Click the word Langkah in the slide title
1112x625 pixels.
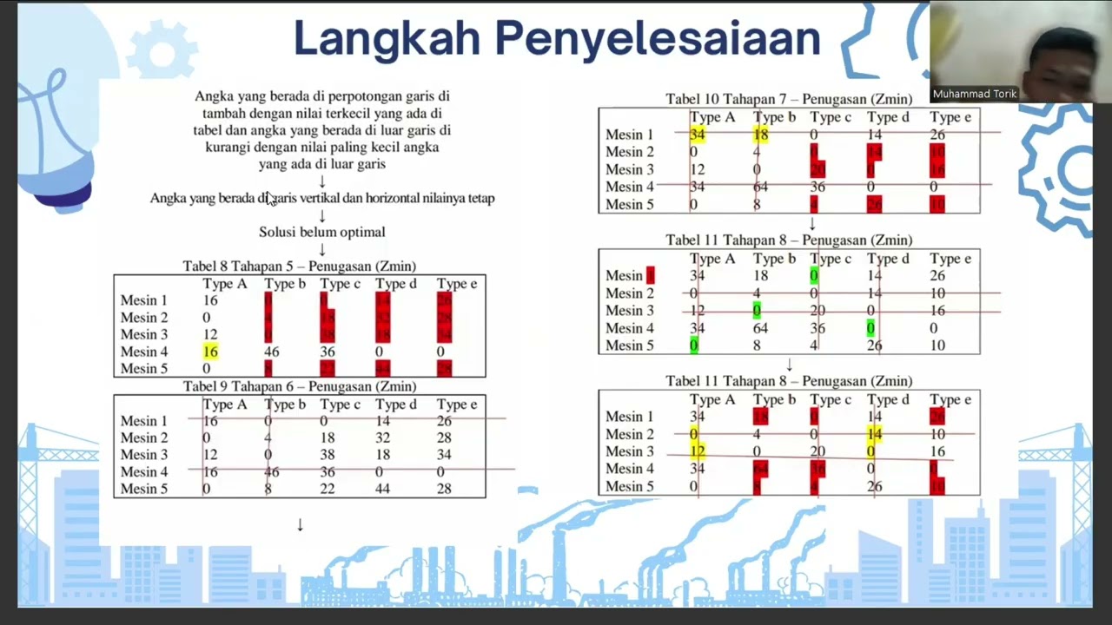point(387,39)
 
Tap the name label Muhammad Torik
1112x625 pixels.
point(974,94)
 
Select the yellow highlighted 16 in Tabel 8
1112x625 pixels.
point(210,352)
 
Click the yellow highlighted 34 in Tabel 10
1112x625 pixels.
point(697,135)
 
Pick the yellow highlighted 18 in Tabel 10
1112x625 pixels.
point(761,135)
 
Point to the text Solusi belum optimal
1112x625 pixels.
point(321,232)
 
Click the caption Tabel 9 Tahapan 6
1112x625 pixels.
point(299,386)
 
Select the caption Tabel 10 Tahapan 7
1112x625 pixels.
point(789,99)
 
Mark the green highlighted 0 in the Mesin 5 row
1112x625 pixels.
point(693,345)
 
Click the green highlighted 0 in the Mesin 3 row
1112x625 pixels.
point(757,311)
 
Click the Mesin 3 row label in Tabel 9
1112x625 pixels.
point(144,455)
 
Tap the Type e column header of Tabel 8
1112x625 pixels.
point(457,284)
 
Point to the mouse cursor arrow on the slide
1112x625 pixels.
point(270,199)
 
